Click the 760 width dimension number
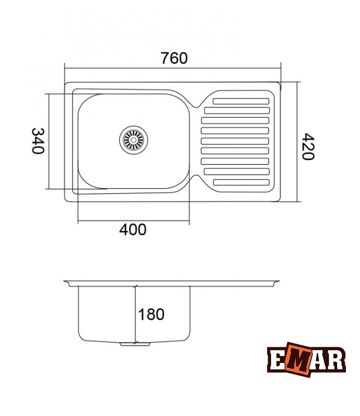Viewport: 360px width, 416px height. pyautogui.click(x=174, y=58)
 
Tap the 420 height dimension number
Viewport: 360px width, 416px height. pyautogui.click(x=308, y=147)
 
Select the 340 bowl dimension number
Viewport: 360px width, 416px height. pyautogui.click(x=38, y=141)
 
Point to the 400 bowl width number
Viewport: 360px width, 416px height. pyautogui.click(x=132, y=230)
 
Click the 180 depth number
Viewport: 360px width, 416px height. pyautogui.click(x=151, y=315)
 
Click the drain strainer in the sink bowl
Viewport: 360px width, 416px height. pyautogui.click(x=134, y=140)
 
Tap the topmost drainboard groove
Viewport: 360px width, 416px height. pyautogui.click(x=241, y=101)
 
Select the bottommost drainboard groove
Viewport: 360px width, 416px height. pyautogui.click(x=241, y=183)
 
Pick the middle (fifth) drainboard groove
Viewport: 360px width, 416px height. pyautogui.click(x=235, y=141)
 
